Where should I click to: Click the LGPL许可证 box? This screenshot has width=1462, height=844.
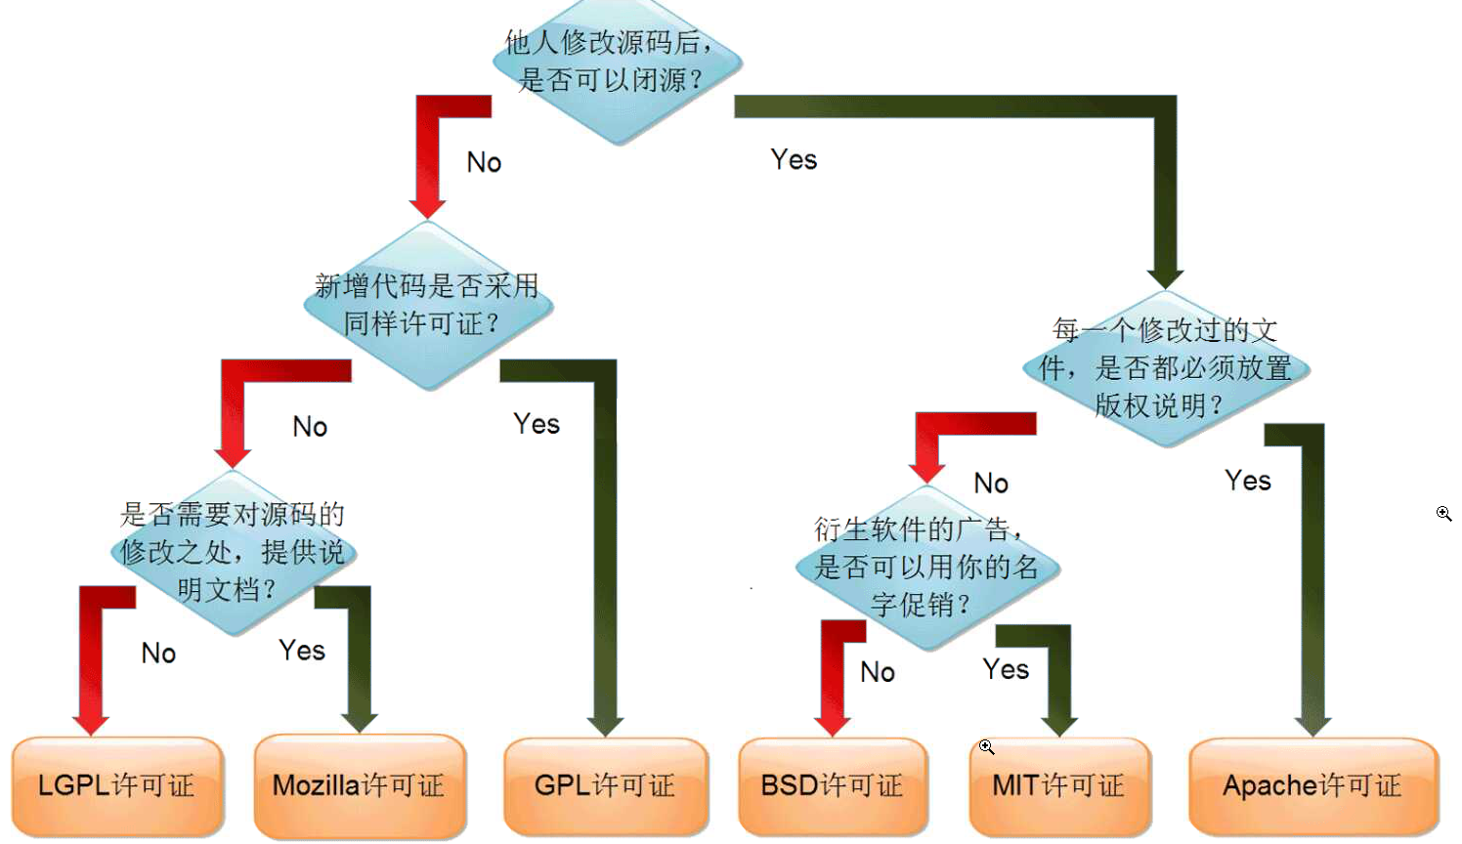(117, 785)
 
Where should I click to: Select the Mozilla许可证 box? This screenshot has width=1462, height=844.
(359, 785)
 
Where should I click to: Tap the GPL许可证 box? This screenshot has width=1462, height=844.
(605, 785)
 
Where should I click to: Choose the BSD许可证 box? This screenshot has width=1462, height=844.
(832, 785)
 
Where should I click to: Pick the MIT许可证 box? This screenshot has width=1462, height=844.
(1058, 785)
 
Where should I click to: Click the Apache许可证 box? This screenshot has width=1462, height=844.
(1312, 785)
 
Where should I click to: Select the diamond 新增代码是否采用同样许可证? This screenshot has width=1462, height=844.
(428, 305)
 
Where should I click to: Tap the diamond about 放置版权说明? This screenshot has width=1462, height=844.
(1166, 368)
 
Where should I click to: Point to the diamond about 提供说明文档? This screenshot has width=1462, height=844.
(233, 552)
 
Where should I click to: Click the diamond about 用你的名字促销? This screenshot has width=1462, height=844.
(926, 568)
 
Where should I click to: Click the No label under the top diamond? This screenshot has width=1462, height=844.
(484, 162)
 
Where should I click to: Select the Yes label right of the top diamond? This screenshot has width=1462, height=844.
(794, 159)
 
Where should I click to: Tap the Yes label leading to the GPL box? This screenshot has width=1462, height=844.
(537, 424)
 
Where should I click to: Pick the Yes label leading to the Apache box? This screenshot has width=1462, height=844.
(1248, 481)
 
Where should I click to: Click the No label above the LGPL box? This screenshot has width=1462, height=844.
(158, 653)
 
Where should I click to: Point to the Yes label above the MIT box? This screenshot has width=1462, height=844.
(1006, 669)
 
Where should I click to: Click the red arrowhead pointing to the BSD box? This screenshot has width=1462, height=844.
(833, 724)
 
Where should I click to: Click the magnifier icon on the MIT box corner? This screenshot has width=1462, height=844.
(987, 747)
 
